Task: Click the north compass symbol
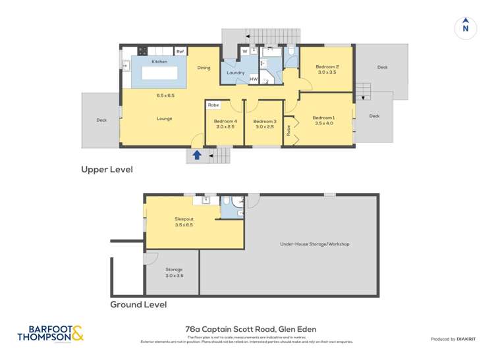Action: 465,28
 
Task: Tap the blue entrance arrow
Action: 196,155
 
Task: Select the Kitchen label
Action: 159,62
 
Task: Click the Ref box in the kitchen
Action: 180,51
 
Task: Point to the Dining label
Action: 204,68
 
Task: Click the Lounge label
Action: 164,118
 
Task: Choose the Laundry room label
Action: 235,72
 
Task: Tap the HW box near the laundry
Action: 254,79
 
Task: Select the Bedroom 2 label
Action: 327,66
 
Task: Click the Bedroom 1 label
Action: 325,118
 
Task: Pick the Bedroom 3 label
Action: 264,121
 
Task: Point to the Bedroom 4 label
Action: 225,121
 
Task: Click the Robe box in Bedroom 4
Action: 213,105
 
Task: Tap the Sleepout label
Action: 184,219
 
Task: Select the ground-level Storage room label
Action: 174,270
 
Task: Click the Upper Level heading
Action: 107,170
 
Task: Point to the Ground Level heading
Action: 138,305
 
